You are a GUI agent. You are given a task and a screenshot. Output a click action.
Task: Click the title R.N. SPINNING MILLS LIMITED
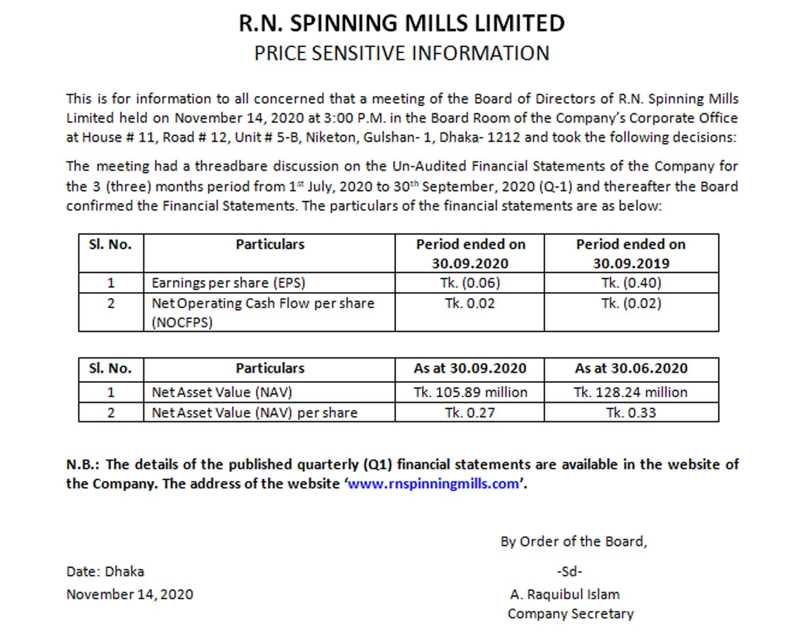click(401, 24)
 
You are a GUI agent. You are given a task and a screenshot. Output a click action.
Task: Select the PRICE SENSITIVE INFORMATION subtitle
click(401, 53)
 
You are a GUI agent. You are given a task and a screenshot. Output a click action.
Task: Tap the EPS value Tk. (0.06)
click(469, 283)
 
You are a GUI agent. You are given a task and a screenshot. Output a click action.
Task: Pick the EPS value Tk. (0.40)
click(631, 283)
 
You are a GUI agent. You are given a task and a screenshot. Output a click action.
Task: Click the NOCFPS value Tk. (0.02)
click(631, 303)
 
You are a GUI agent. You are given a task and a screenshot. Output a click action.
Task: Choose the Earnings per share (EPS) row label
click(228, 283)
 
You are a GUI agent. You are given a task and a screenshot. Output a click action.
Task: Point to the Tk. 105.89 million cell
click(470, 392)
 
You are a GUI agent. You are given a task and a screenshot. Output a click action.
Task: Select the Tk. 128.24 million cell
click(631, 392)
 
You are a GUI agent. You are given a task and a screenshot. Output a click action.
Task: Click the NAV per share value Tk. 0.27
click(469, 413)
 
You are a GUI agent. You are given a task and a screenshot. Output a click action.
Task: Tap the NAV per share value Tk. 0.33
click(631, 413)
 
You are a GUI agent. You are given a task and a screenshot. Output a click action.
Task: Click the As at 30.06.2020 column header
click(631, 368)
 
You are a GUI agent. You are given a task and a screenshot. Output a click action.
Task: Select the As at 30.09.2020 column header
click(469, 368)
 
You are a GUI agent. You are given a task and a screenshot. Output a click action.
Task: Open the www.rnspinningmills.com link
click(433, 484)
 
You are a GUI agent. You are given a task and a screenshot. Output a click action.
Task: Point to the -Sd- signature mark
click(569, 572)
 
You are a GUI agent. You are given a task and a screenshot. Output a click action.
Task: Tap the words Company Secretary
click(571, 614)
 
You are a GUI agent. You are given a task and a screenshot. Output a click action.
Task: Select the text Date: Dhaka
click(105, 572)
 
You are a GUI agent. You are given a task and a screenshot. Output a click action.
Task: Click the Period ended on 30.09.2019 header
click(631, 253)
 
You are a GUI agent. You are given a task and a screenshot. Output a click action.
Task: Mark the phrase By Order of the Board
click(573, 542)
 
